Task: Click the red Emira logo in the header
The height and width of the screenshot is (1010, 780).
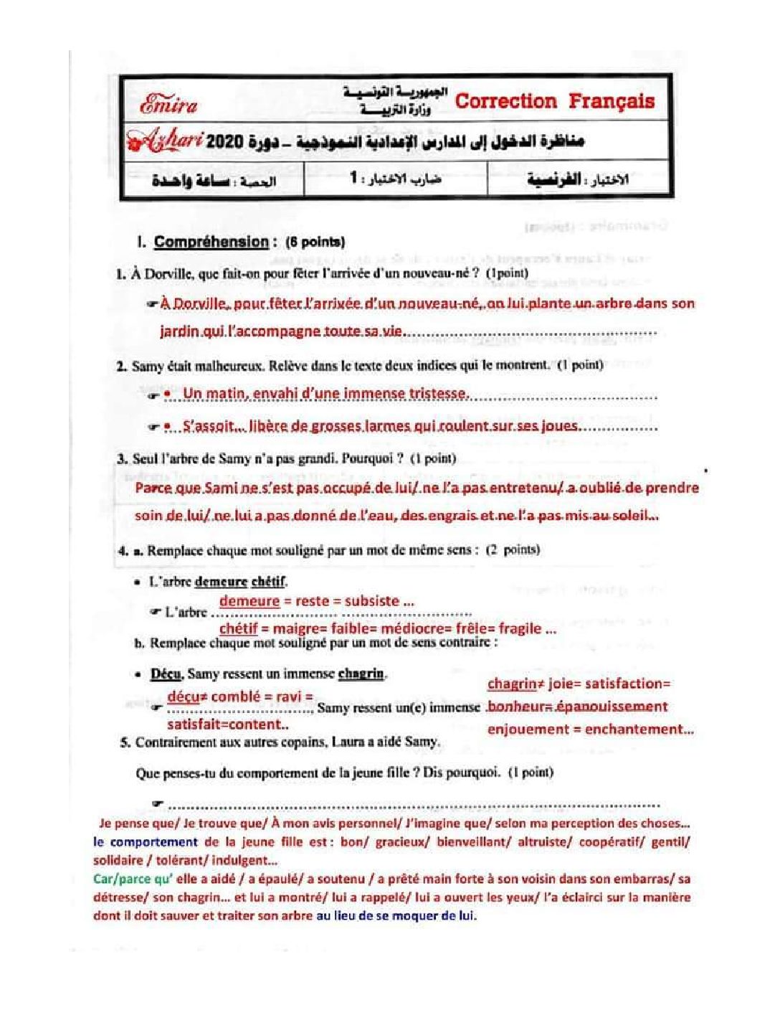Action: (x=168, y=105)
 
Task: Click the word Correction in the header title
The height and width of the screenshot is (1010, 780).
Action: (x=505, y=101)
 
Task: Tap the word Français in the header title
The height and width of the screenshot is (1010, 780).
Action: (x=612, y=101)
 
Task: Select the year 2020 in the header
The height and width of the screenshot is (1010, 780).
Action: (x=225, y=141)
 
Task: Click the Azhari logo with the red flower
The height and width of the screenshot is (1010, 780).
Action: (x=163, y=141)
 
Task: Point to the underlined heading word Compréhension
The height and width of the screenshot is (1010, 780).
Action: (x=211, y=242)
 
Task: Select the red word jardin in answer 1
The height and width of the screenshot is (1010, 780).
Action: (x=179, y=331)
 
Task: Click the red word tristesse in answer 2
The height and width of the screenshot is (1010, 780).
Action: (x=438, y=393)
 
